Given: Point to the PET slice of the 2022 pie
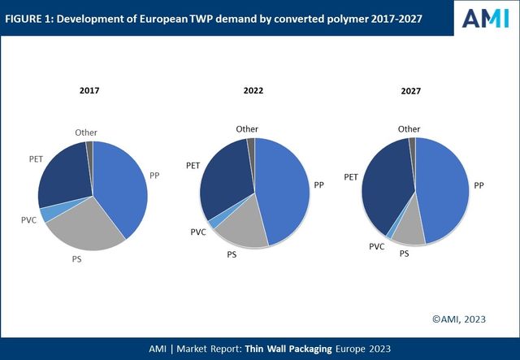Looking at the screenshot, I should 225,180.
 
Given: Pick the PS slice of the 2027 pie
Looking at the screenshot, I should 409,231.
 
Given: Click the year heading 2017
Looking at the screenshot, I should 89,90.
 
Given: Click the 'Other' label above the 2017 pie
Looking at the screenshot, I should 85,132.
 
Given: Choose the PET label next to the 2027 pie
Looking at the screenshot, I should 351,176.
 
